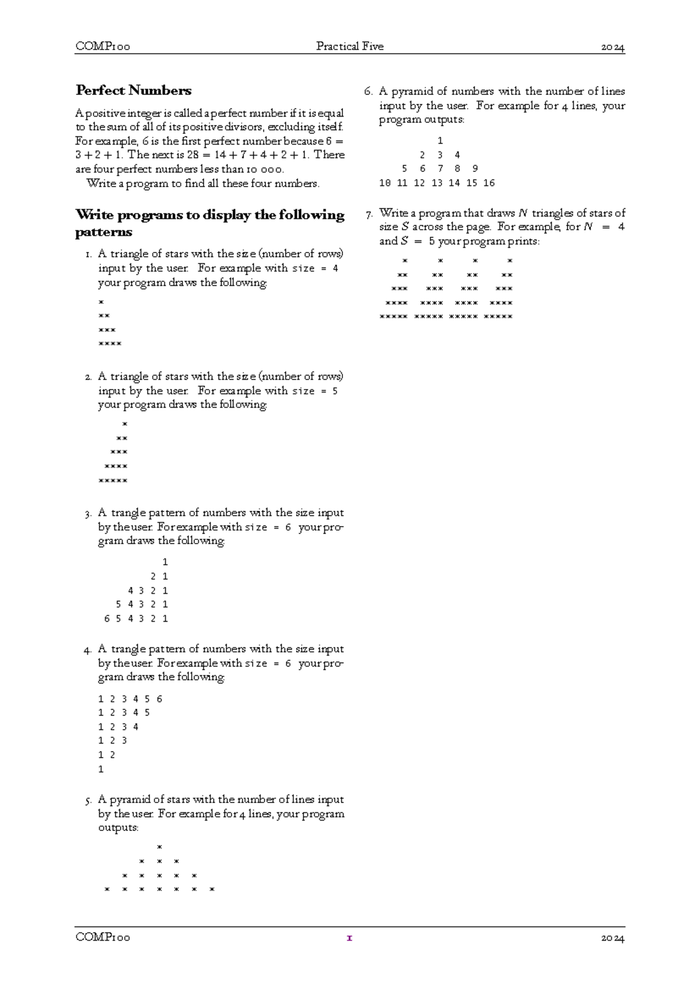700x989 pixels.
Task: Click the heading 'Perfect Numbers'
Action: [134, 90]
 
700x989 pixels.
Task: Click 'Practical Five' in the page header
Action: [349, 46]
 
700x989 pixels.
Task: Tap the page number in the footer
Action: [349, 938]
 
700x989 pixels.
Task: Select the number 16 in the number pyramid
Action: [489, 183]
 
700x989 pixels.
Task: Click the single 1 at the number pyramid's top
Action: [440, 141]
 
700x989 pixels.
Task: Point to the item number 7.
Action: [369, 214]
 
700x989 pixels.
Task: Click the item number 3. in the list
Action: [88, 514]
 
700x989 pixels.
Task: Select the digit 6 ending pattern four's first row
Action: [159, 699]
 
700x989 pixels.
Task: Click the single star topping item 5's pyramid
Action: [159, 847]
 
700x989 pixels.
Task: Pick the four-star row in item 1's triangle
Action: [110, 344]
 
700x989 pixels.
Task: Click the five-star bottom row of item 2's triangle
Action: [113, 481]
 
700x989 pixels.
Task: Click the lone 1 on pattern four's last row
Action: [101, 769]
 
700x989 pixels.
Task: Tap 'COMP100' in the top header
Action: [103, 46]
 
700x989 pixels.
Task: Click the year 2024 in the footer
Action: [612, 938]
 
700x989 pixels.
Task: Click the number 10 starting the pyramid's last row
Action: [385, 183]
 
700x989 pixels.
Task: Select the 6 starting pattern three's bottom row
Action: [107, 619]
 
